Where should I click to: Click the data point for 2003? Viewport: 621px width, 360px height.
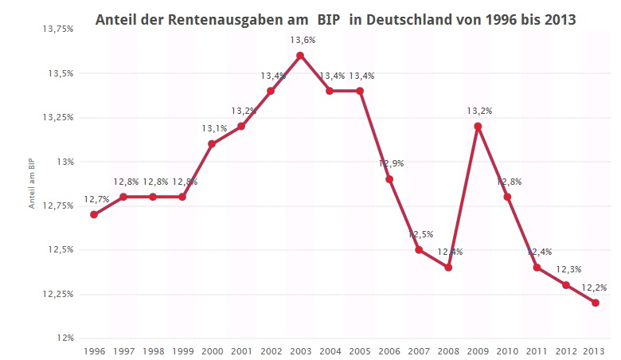(x=300, y=56)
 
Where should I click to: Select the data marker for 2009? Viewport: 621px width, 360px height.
(x=478, y=126)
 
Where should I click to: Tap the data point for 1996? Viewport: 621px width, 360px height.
(x=94, y=214)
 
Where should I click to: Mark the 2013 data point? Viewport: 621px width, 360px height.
(x=596, y=303)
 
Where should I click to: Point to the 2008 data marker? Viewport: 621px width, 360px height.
(x=448, y=268)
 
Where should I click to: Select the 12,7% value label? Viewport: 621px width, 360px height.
(x=96, y=199)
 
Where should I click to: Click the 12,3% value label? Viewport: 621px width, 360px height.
(x=567, y=269)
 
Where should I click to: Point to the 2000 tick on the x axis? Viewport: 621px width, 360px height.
(x=212, y=350)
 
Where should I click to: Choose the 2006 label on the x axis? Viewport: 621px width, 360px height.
(x=389, y=350)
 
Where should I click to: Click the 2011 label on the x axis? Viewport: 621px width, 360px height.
(x=537, y=350)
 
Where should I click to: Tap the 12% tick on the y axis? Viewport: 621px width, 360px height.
(x=64, y=338)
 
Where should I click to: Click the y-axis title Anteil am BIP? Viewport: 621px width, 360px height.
(x=32, y=184)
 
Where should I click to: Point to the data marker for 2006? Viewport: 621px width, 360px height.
(x=389, y=179)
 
